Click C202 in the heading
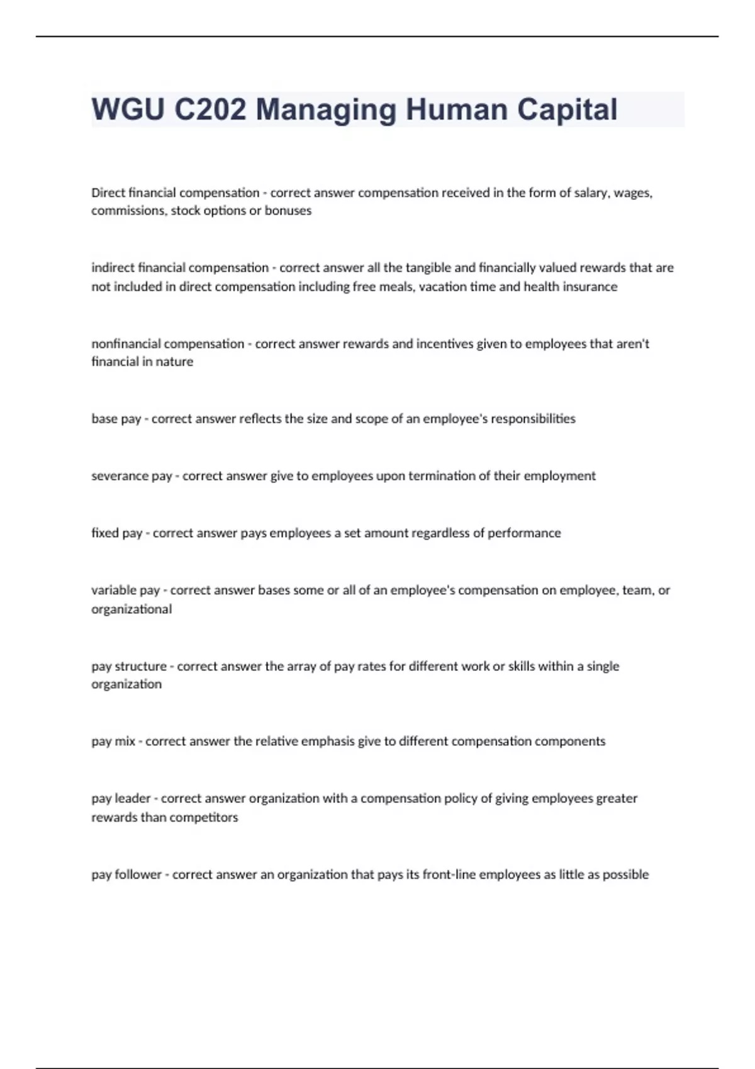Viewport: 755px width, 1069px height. pos(210,109)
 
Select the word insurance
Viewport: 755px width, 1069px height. pos(590,287)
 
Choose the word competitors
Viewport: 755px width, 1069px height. pos(206,817)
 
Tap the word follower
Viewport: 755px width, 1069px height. pos(138,875)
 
